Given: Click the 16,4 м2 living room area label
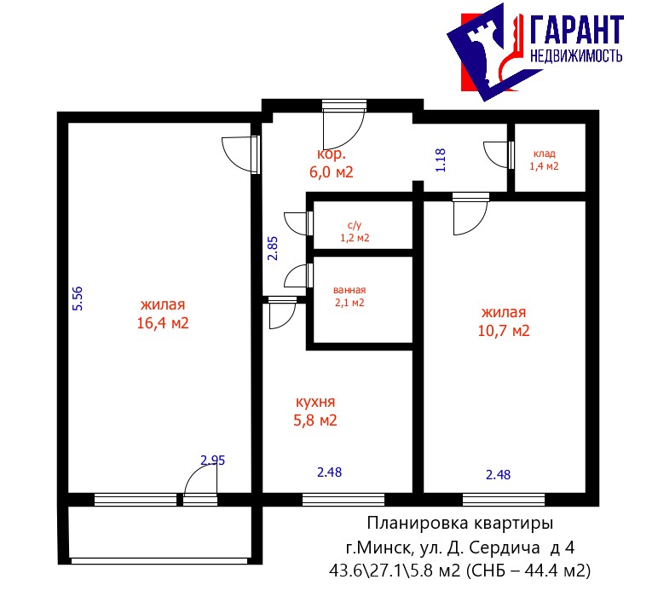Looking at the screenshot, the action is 163,314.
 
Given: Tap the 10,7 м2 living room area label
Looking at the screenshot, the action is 504,322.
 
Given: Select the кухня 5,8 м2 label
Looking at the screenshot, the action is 315,411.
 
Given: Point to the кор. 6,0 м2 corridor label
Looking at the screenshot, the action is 331,163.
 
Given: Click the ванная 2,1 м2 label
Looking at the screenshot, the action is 349,296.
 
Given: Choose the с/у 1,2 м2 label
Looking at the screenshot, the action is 355,232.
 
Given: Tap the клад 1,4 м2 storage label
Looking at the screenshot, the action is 544,160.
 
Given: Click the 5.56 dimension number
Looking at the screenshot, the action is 78,298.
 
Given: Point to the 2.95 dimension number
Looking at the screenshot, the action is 213,461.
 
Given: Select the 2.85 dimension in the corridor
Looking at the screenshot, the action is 273,248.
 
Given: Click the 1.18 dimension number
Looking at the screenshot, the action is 440,160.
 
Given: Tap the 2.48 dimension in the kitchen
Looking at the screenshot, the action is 329,472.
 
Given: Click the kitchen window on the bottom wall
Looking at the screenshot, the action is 343,500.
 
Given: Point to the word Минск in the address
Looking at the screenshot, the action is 381,548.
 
